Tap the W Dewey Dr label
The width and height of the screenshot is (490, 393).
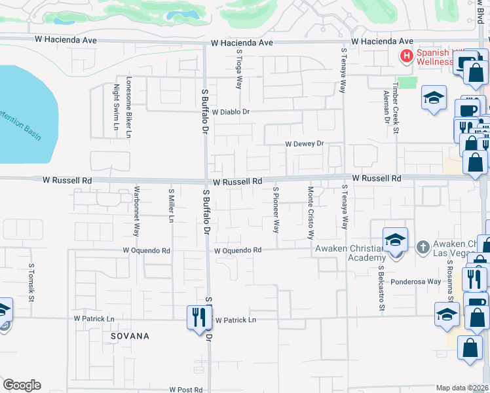tap(304, 144)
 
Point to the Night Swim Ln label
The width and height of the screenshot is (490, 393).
tap(117, 107)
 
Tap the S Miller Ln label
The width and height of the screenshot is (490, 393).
tap(171, 206)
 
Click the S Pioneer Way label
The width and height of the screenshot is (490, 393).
tap(276, 210)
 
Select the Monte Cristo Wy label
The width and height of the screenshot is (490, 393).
tap(311, 212)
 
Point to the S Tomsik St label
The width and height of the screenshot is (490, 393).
tap(31, 283)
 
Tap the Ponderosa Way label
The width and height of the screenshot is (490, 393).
tap(416, 281)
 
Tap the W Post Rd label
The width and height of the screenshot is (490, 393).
tap(185, 389)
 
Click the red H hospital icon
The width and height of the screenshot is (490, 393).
tap(406, 57)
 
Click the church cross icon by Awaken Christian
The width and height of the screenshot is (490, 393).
tap(423, 247)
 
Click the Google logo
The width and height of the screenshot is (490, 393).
tap(22, 385)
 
